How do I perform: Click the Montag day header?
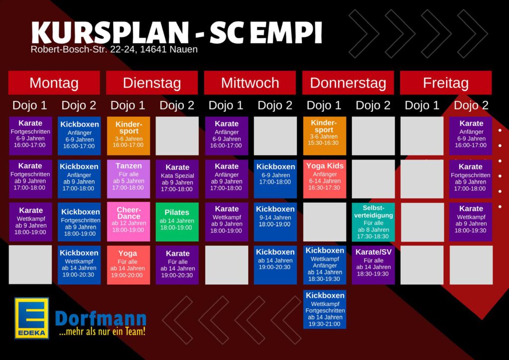54,83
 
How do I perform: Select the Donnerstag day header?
348,83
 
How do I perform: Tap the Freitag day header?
446,83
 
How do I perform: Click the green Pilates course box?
177,222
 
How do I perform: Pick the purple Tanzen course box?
129,179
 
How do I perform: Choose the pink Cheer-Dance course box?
129,222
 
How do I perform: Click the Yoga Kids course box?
325,179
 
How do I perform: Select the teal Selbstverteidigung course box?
373,222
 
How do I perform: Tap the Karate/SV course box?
373,265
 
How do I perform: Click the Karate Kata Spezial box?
177,179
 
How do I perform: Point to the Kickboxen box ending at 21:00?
325,309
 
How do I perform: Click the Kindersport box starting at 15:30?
325,136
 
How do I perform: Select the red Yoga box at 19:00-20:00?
129,265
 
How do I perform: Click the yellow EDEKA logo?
31,318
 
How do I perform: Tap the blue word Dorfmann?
100,319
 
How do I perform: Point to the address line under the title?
114,49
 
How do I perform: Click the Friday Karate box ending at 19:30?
471,222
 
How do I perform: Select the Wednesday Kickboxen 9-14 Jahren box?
275,222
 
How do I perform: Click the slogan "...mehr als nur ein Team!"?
102,332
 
